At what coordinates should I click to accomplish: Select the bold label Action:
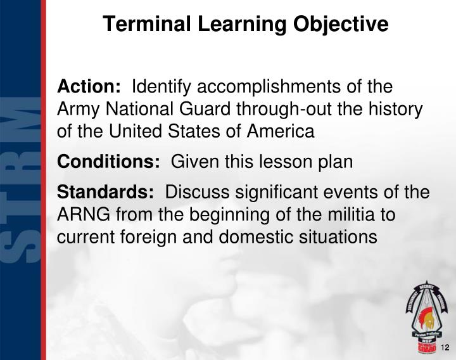(89, 86)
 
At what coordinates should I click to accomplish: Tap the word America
(279, 131)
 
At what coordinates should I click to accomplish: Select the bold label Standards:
(105, 192)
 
